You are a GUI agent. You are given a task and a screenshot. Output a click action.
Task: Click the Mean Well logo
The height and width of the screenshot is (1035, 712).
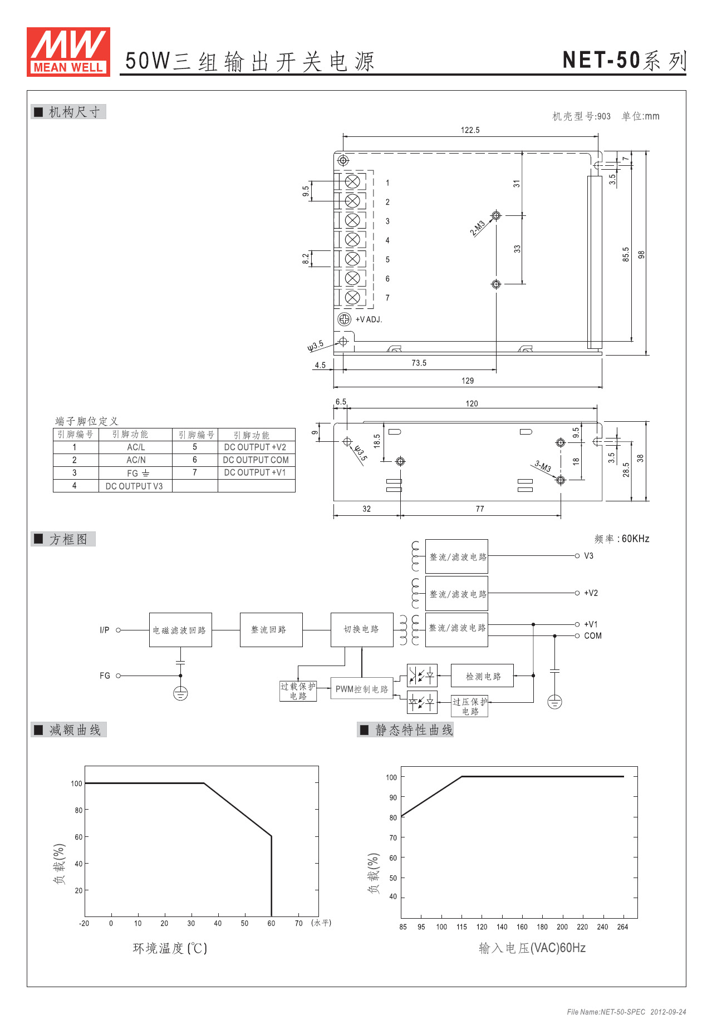pyautogui.click(x=68, y=52)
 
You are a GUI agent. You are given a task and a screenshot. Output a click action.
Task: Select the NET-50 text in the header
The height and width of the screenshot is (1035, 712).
pyautogui.click(x=601, y=60)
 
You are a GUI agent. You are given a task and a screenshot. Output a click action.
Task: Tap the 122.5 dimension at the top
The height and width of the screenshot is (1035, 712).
pyautogui.click(x=470, y=130)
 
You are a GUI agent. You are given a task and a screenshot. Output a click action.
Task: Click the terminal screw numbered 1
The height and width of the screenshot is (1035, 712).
pyautogui.click(x=352, y=181)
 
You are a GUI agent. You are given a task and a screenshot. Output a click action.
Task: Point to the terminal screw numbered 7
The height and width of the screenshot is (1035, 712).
pyautogui.click(x=352, y=297)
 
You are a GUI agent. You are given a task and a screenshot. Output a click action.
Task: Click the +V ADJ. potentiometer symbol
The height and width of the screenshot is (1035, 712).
pyautogui.click(x=344, y=319)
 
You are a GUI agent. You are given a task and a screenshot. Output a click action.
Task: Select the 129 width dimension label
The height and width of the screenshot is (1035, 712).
pyautogui.click(x=468, y=381)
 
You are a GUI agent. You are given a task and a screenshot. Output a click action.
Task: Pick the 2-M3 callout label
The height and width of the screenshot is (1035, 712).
pyautogui.click(x=478, y=228)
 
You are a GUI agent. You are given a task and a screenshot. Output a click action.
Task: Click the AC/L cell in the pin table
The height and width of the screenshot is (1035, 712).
pyautogui.click(x=136, y=447)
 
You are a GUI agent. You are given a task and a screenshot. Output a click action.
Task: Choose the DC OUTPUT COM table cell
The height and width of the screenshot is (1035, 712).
pyautogui.click(x=256, y=460)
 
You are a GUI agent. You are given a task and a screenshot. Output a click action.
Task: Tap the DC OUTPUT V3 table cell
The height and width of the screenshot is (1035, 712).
pyautogui.click(x=135, y=486)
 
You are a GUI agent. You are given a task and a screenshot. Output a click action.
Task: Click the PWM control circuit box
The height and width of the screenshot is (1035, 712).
pyautogui.click(x=362, y=689)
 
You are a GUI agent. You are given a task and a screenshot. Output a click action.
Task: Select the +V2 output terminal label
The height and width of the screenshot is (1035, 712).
pyautogui.click(x=591, y=593)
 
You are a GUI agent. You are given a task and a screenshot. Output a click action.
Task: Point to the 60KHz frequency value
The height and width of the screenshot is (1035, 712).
pyautogui.click(x=635, y=539)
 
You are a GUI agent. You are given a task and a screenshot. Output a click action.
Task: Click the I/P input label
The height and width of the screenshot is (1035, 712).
pyautogui.click(x=105, y=630)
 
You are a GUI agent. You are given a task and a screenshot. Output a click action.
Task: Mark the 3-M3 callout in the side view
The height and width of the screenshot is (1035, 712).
pyautogui.click(x=543, y=466)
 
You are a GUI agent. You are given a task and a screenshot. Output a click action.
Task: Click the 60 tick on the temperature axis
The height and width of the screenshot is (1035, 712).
pyautogui.click(x=271, y=923)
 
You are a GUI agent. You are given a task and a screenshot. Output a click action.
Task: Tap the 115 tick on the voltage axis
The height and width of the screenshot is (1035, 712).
pyautogui.click(x=461, y=926)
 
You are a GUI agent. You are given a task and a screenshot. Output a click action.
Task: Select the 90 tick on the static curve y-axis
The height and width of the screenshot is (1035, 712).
pyautogui.click(x=393, y=797)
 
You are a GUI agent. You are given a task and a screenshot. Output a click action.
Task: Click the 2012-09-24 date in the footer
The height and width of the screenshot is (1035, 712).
pyautogui.click(x=668, y=1012)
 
